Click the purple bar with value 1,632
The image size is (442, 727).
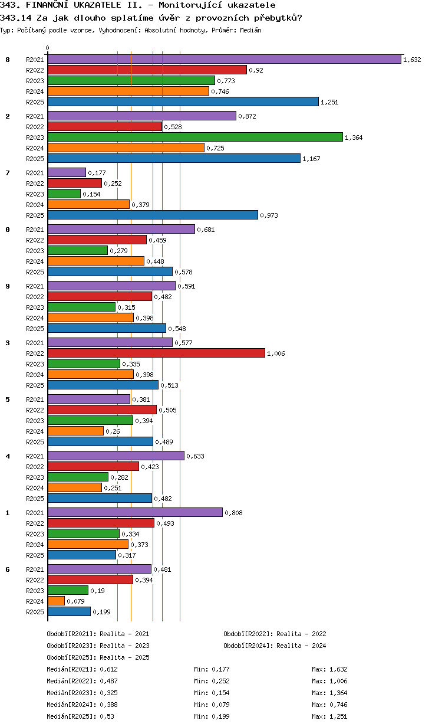pos(224,59)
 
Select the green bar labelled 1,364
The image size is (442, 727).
pos(195,137)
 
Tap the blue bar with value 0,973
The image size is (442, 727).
pos(153,215)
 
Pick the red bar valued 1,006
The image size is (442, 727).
pos(156,353)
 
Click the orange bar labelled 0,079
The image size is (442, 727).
pos(56,601)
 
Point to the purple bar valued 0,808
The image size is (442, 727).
pos(135,512)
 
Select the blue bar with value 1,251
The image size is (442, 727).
pos(183,101)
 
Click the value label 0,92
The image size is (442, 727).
pos(256,70)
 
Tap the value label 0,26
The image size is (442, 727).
pos(111,431)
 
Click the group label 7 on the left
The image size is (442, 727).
pos(8,173)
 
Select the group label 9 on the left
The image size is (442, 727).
pos(8,286)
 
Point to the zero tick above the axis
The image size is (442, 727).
pos(48,48)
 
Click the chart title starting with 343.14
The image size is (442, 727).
pos(151,18)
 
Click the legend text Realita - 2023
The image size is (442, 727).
pos(124,646)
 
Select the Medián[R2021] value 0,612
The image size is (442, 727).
pos(108,669)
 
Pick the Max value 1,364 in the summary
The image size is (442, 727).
pos(338,693)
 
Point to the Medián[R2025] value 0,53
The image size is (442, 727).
pos(107,716)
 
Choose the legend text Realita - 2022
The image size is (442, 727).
pos(301,634)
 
